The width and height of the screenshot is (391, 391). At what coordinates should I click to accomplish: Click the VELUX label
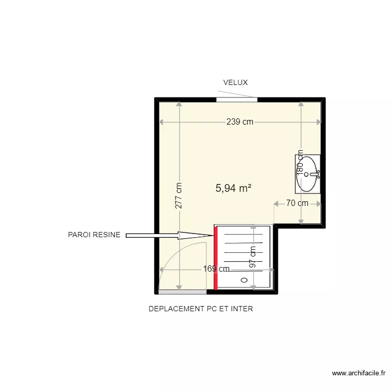pyautogui.click(x=235, y=82)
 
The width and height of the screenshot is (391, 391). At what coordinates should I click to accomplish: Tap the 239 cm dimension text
pyautogui.click(x=240, y=122)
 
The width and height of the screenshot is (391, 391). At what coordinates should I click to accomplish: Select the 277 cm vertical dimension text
pyautogui.click(x=179, y=195)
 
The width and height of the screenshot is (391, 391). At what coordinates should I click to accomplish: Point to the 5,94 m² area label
pyautogui.click(x=234, y=189)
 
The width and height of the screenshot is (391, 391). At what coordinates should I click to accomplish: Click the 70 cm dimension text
pyautogui.click(x=297, y=203)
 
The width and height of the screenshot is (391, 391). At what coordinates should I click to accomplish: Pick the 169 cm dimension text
pyautogui.click(x=216, y=270)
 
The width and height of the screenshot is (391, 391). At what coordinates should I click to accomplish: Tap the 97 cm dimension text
pyautogui.click(x=253, y=258)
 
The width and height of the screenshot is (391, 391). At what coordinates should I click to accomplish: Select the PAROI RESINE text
pyautogui.click(x=94, y=235)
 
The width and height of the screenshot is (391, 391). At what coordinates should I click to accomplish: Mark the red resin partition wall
pyautogui.click(x=215, y=258)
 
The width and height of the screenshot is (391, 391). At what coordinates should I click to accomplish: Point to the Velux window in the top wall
pyautogui.click(x=237, y=99)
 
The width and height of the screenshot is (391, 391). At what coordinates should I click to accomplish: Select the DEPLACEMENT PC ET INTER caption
pyautogui.click(x=201, y=309)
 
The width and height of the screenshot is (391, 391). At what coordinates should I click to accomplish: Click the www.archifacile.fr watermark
pyautogui.click(x=358, y=373)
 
